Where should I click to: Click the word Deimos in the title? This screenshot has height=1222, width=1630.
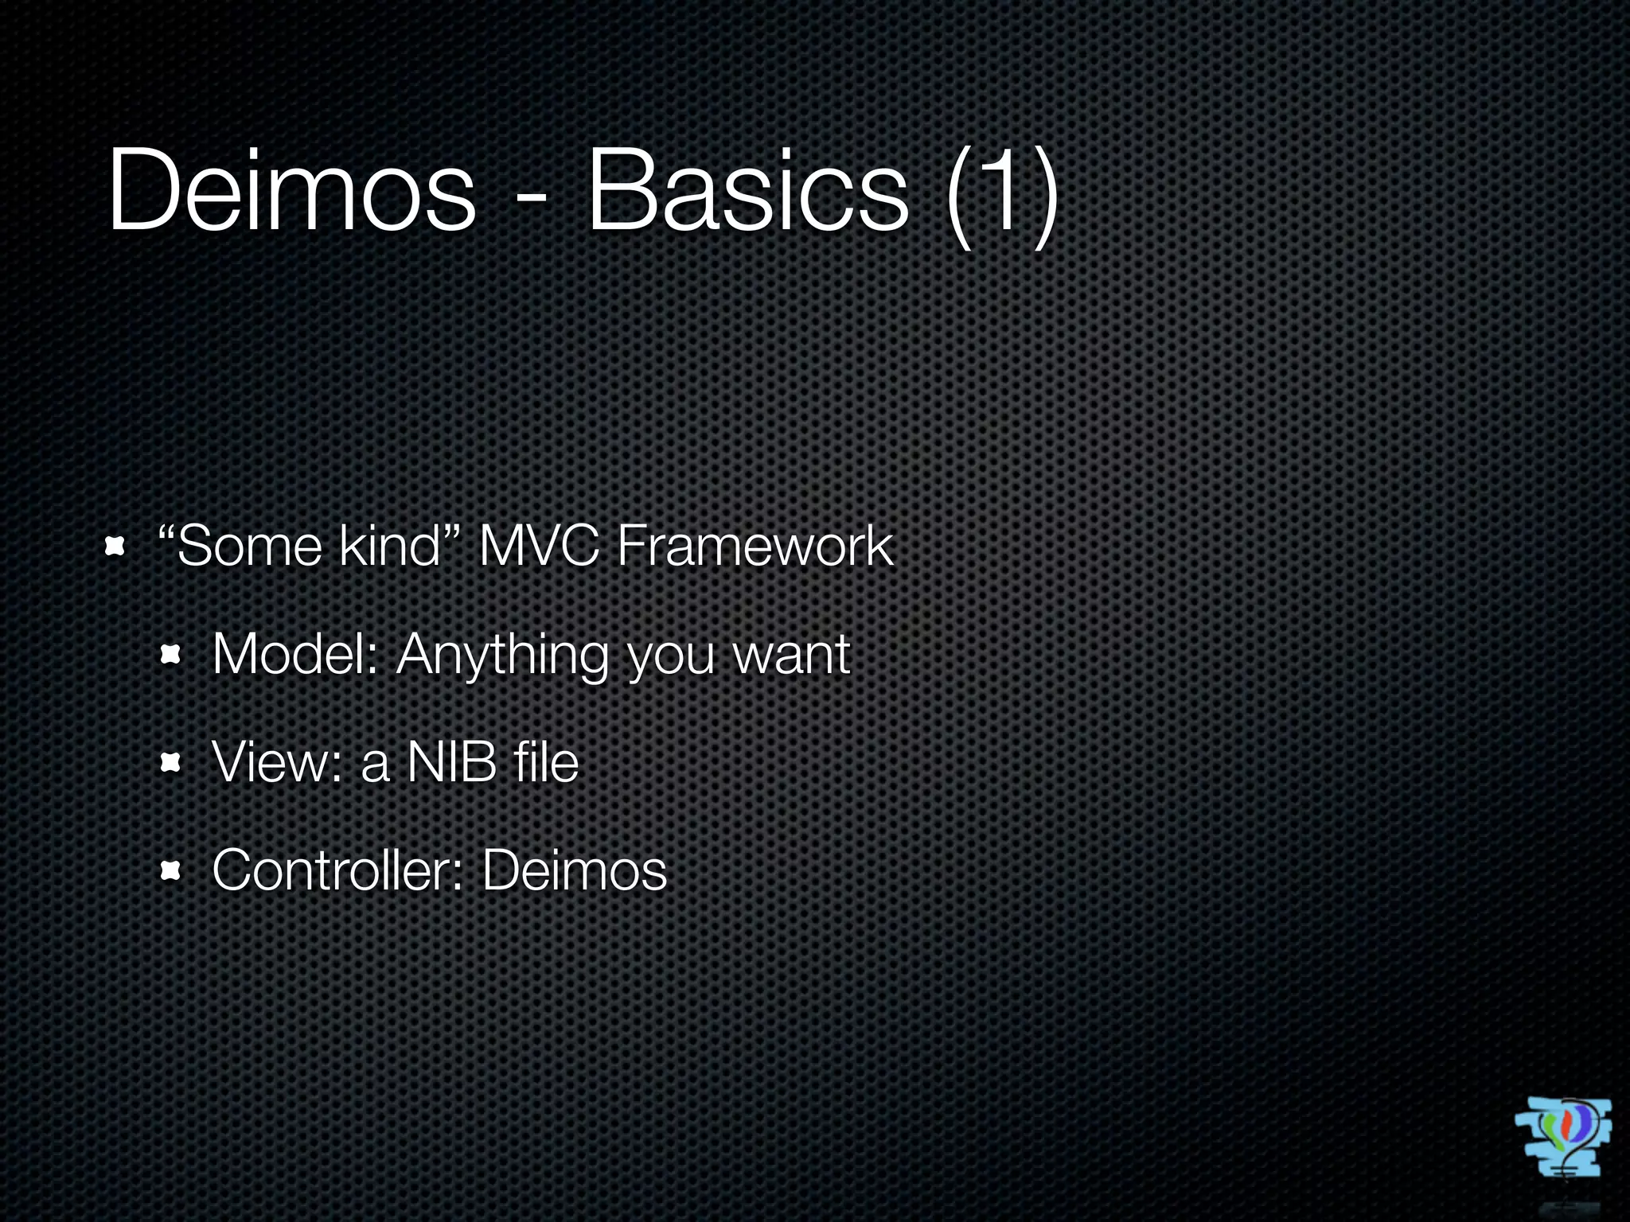coord(291,191)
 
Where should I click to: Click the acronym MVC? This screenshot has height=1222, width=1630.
coord(537,547)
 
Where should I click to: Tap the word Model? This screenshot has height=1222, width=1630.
coord(295,655)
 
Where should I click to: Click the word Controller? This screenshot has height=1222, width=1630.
coord(338,870)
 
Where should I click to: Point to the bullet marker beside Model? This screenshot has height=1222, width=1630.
coord(170,656)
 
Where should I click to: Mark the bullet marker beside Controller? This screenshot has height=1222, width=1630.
coord(170,871)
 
